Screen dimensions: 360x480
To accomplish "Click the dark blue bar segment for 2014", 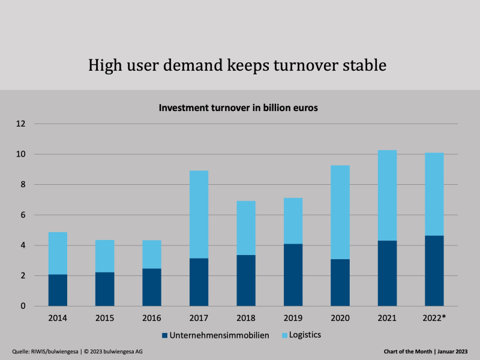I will click(x=58, y=290).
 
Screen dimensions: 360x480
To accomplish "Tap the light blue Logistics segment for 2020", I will click(x=340, y=212).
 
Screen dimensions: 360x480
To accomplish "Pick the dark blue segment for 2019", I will click(x=293, y=275).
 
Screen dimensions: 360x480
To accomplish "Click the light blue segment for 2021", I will click(x=387, y=195).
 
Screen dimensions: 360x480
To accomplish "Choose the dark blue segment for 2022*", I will click(x=434, y=271).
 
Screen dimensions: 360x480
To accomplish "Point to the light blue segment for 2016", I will click(x=152, y=254).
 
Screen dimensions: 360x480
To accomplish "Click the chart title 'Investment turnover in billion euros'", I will click(x=238, y=109).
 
